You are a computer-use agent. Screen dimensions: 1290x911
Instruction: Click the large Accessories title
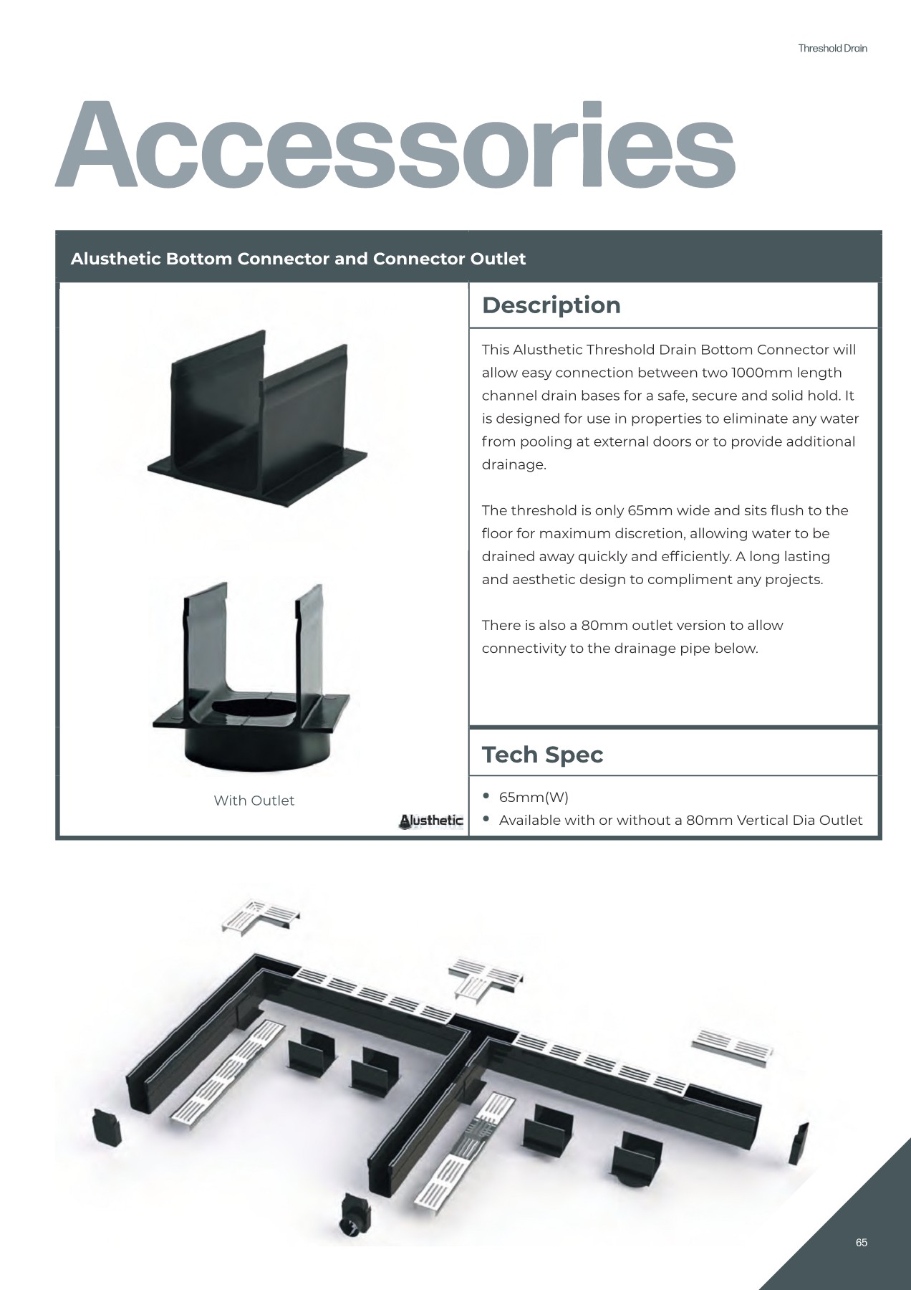coord(395,145)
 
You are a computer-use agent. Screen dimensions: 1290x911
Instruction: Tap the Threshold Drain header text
coord(832,49)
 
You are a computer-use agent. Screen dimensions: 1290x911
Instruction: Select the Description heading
coord(551,305)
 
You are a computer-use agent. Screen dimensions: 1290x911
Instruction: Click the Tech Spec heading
coord(542,755)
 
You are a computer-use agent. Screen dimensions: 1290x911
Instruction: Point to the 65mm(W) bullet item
coord(533,797)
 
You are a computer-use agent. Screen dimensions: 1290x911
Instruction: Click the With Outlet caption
coord(254,801)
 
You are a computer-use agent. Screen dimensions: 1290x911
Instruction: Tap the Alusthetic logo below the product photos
coord(431,821)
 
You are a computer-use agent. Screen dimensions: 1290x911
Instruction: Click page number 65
coord(861,1243)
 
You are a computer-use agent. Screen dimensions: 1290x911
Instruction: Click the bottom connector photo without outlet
coord(258,423)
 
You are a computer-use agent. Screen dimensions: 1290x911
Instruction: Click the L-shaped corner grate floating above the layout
coord(259,916)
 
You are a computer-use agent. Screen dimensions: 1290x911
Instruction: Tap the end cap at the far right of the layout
coord(799,1144)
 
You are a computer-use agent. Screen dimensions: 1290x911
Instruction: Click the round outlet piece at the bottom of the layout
coord(354,1215)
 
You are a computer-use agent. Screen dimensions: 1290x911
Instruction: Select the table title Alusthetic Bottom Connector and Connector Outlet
coord(298,259)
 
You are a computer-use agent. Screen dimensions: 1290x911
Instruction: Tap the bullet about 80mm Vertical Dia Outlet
coord(680,820)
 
